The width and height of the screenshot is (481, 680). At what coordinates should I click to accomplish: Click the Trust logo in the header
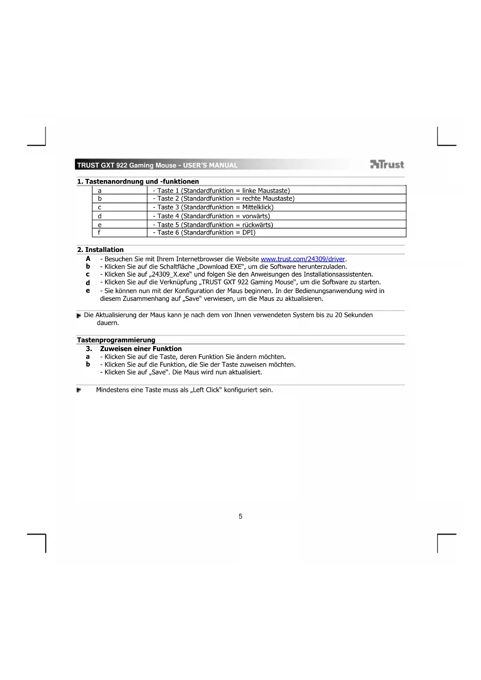(x=387, y=165)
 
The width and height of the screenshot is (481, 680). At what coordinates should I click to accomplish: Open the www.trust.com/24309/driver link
(x=303, y=259)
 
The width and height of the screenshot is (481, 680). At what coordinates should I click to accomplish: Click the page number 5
(x=240, y=516)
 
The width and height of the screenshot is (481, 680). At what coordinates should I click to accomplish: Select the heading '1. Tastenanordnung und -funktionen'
(x=138, y=181)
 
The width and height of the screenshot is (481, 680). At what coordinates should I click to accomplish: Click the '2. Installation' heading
(x=100, y=250)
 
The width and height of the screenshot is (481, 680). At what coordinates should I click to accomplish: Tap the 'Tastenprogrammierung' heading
(x=116, y=340)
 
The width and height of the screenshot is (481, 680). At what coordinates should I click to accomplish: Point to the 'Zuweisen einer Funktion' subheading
(x=141, y=349)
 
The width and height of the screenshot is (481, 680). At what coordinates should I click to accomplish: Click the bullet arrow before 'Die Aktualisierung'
(x=79, y=316)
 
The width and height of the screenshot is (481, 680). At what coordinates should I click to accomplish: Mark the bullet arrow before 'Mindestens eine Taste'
(x=79, y=390)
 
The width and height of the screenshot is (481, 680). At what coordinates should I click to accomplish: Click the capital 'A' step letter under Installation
(x=88, y=259)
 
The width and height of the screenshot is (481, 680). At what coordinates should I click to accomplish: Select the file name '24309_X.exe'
(x=171, y=274)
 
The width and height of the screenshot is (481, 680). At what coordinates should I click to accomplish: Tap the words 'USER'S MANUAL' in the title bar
(x=210, y=165)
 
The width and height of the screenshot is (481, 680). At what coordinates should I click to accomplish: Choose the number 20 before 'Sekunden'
(x=338, y=315)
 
